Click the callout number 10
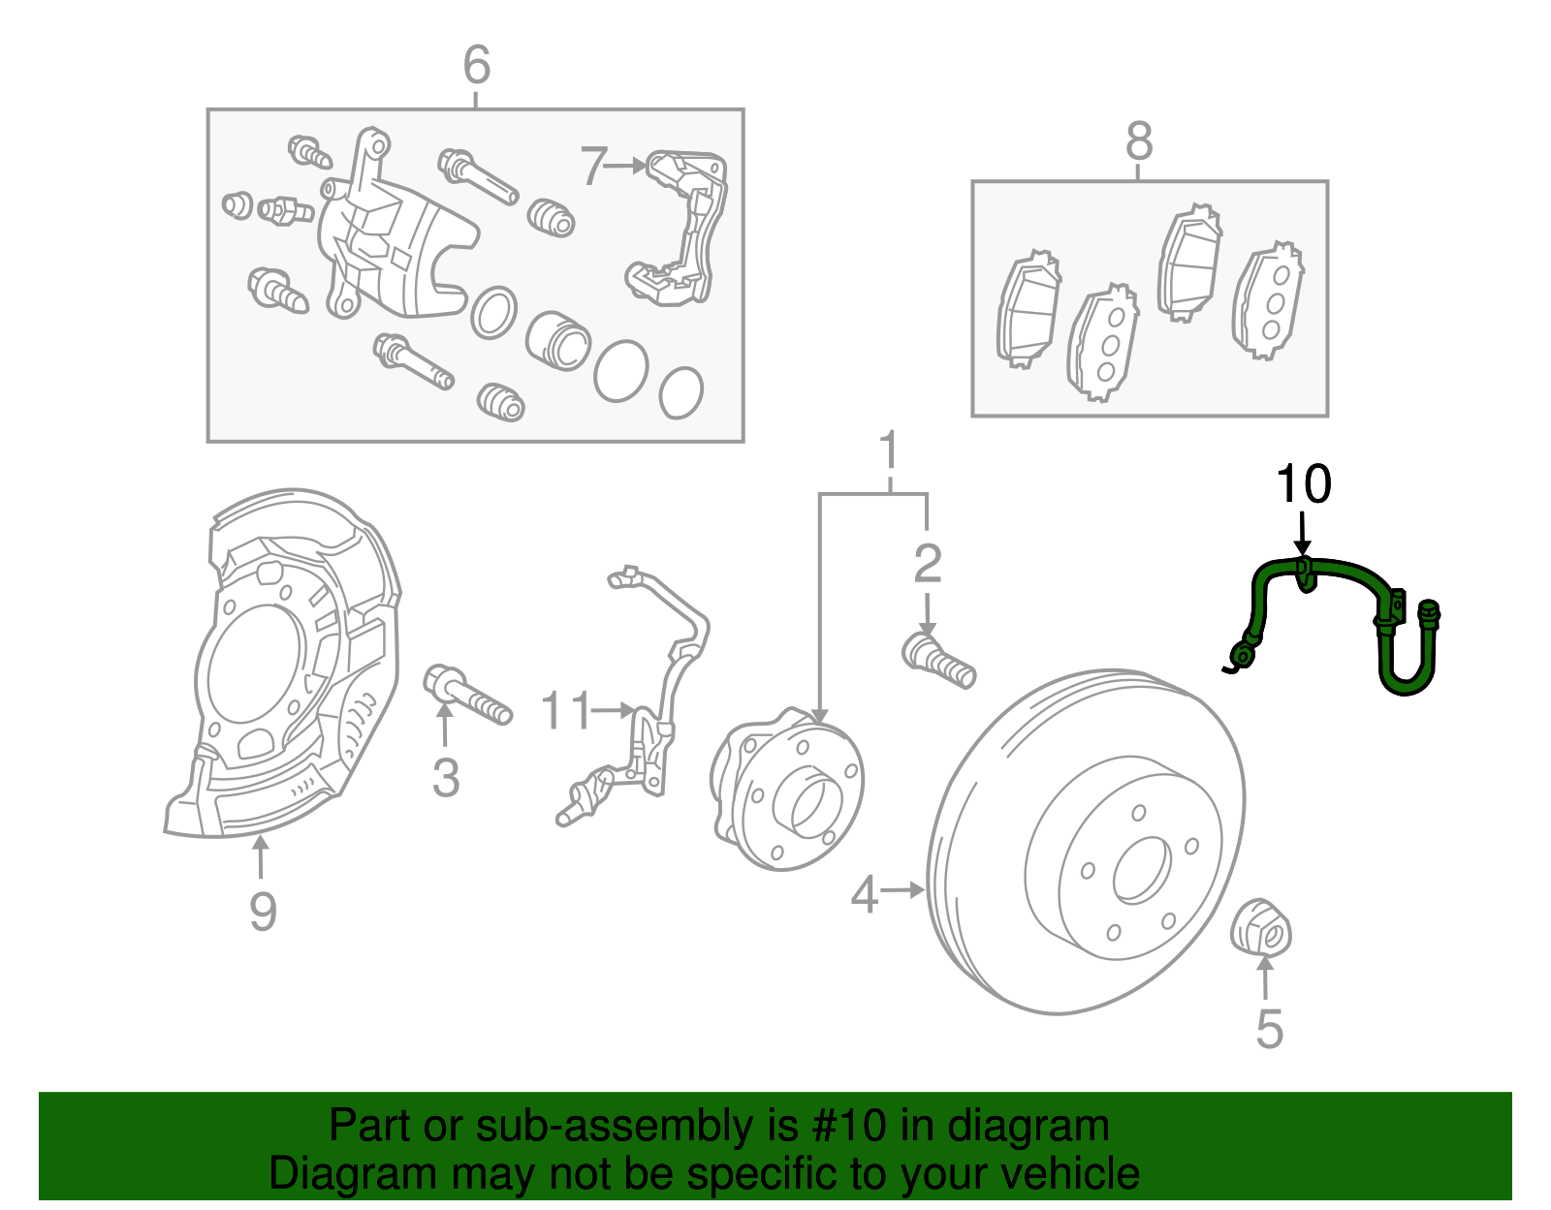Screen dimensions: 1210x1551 click(x=1303, y=484)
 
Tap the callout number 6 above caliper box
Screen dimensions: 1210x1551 click(x=476, y=66)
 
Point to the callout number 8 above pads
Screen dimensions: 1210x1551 click(x=1139, y=141)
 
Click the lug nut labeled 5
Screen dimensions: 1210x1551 click(x=1261, y=927)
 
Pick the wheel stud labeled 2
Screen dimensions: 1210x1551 click(x=937, y=659)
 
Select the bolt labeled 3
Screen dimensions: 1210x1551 click(x=467, y=693)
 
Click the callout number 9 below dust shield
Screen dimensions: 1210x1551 click(x=263, y=912)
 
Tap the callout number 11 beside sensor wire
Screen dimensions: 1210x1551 click(x=565, y=712)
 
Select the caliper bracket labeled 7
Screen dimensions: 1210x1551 click(x=679, y=228)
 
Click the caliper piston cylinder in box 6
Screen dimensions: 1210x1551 click(x=558, y=341)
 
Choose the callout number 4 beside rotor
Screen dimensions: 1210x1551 click(x=863, y=893)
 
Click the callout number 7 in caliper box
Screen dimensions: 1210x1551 click(x=593, y=167)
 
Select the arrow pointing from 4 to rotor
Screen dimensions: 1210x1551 click(x=903, y=889)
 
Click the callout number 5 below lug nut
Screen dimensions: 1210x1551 click(x=1269, y=1028)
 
